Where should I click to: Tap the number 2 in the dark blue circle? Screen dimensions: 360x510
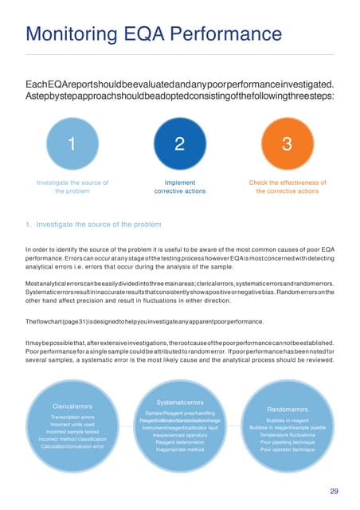coord(179,145)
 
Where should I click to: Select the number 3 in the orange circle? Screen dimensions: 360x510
coord(288,145)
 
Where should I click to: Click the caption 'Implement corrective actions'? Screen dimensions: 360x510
coord(179,187)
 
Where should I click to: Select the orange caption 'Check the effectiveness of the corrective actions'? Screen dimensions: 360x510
coord(288,187)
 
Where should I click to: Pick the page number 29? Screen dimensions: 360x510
coord(334,490)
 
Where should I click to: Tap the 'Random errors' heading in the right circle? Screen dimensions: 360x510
coord(288,410)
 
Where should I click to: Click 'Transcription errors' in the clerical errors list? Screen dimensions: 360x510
coord(72,417)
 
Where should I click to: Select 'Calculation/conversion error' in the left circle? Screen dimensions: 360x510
coord(72,447)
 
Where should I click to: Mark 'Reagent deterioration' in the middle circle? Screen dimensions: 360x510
coord(179,442)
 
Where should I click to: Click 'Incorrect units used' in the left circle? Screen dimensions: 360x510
coord(72,425)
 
